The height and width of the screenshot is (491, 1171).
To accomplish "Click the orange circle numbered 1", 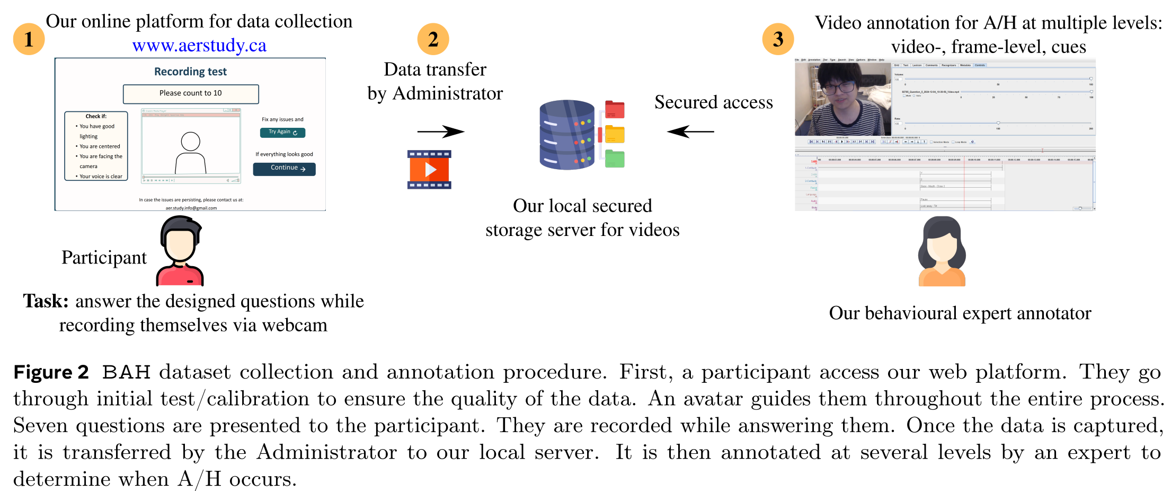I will click(x=29, y=39).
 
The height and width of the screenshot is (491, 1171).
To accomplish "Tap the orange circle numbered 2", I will click(x=433, y=39).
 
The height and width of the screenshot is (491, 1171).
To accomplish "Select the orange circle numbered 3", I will click(x=778, y=39).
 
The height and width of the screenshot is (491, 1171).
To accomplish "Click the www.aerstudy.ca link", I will click(x=199, y=46).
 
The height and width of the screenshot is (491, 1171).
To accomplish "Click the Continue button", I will click(x=284, y=169).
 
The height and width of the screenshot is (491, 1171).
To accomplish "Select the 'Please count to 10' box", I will click(x=191, y=94).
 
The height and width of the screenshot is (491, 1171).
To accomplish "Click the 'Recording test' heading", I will click(x=190, y=72).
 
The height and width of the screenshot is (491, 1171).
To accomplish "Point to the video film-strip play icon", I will click(x=429, y=170).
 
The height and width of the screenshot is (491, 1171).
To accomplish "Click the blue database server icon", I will click(x=567, y=135).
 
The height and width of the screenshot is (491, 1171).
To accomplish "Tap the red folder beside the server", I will click(x=615, y=110).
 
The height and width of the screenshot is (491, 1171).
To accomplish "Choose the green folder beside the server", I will click(x=615, y=159).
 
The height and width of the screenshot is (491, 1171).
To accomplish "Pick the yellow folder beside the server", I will click(x=615, y=134).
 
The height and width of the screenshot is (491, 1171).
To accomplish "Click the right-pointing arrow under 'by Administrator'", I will click(x=440, y=131).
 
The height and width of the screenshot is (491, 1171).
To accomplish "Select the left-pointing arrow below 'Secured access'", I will click(x=690, y=131).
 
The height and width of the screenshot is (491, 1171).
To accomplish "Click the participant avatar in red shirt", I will click(x=180, y=252).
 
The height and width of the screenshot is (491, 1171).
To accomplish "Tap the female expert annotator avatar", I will click(x=942, y=252).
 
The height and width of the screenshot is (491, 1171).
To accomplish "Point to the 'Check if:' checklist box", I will click(x=96, y=146).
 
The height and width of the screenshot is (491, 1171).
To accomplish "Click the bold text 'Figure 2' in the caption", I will click(x=51, y=372).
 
